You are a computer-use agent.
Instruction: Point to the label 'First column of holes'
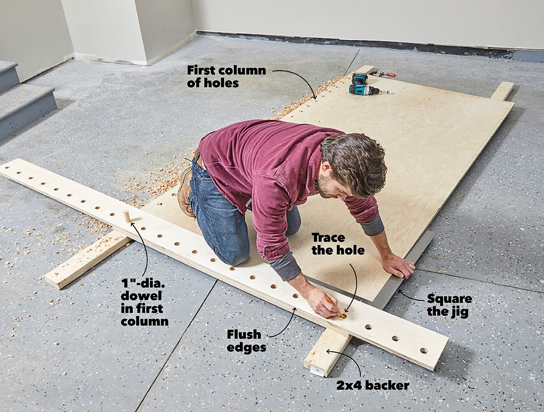pyautogui.click(x=227, y=77)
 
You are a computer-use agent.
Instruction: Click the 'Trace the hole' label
pyautogui.click(x=338, y=244)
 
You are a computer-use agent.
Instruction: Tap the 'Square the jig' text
pyautogui.click(x=449, y=305)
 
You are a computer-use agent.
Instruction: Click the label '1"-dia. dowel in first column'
pyautogui.click(x=145, y=302)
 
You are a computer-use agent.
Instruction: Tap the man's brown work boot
pyautogui.click(x=185, y=192)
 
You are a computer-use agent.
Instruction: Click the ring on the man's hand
pyautogui.click(x=411, y=266)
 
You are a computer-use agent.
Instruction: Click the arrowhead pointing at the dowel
pyautogui.click(x=133, y=225)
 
